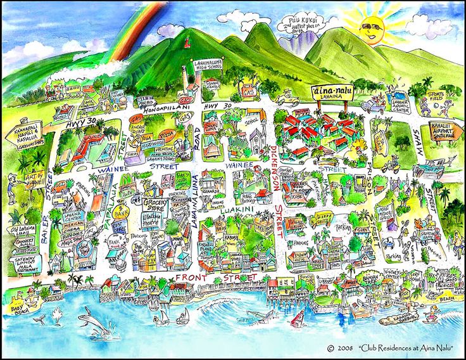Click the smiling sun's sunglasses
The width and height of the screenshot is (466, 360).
click(x=372, y=26)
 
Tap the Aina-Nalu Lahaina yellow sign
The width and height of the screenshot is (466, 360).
click(x=332, y=92)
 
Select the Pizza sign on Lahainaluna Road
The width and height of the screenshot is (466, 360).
click(x=167, y=134)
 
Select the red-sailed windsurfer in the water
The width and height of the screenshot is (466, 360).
click(x=296, y=318)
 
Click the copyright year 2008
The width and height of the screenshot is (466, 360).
click(x=343, y=348)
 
